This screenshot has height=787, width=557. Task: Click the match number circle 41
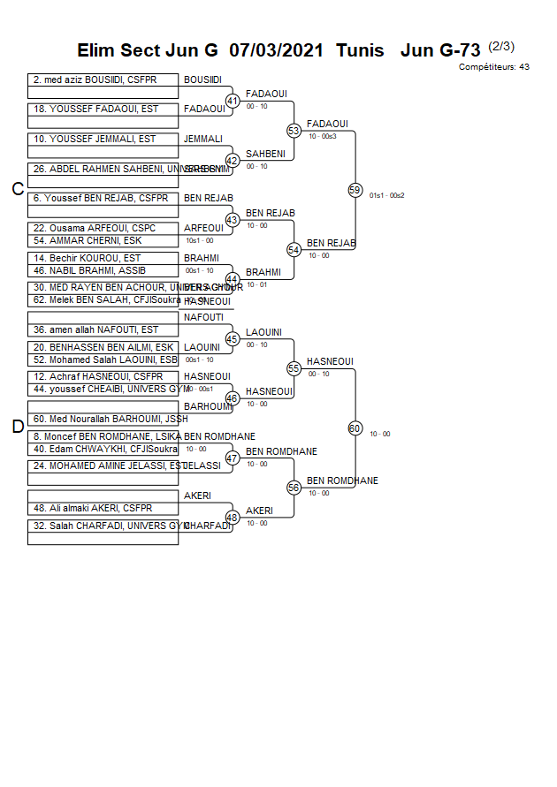pos(233,102)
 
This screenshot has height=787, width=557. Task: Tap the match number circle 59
pos(355,190)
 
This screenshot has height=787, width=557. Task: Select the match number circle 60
pos(355,428)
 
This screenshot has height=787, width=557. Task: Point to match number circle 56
pos(294,488)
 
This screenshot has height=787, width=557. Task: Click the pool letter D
pos(17,428)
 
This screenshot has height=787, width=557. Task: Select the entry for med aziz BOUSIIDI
pos(95,80)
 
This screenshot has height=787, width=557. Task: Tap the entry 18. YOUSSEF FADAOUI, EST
pos(95,110)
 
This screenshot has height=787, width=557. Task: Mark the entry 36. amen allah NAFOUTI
pos(95,330)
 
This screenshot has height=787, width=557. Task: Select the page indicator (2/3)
pos(500,46)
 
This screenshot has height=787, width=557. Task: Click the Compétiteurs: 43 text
pos(493,67)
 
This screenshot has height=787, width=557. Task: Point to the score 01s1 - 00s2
pos(386,195)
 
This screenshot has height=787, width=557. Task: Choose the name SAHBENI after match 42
pos(265,154)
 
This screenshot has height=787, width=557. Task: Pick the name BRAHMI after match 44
pos(263,273)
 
